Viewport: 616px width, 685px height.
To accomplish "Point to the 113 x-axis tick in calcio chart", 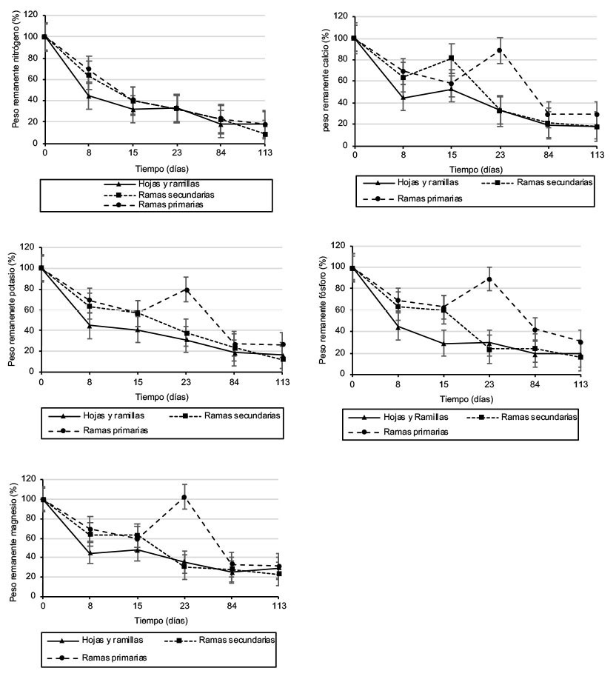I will coord(597,156).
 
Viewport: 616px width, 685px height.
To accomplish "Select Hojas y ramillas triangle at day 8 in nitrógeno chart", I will coord(89,96).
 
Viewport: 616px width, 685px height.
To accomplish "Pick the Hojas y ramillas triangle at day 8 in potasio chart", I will coord(90,325).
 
